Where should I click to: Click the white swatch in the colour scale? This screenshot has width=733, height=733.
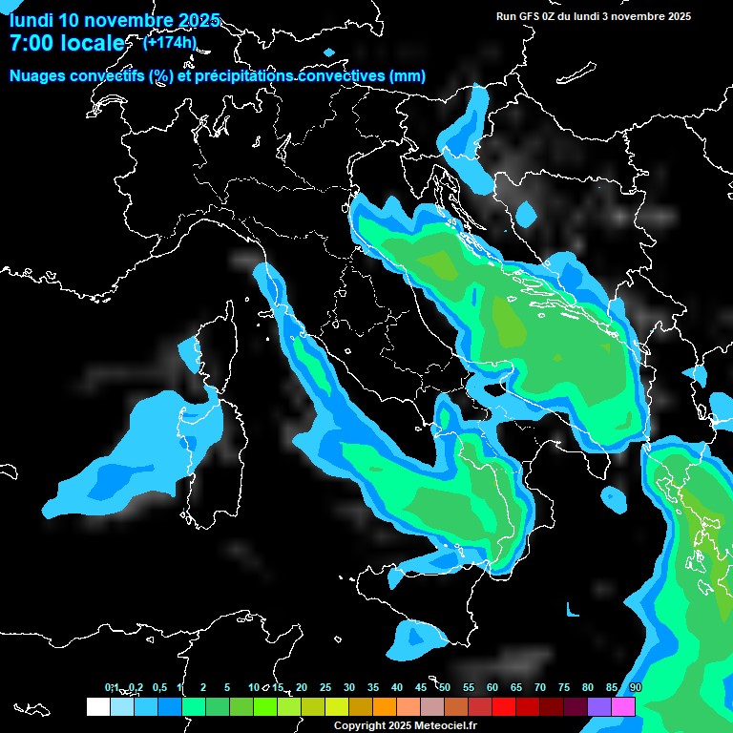click(x=97, y=706)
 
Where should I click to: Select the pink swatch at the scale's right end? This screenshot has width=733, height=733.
click(x=623, y=706)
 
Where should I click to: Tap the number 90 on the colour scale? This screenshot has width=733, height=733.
click(x=636, y=687)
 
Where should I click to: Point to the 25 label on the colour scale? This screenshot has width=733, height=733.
click(x=325, y=687)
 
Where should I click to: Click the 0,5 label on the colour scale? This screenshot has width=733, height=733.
click(x=158, y=687)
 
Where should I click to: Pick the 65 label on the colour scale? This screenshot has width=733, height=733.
click(x=516, y=687)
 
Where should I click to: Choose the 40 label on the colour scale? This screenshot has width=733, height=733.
click(x=397, y=687)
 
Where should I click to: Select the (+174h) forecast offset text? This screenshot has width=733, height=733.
click(x=170, y=42)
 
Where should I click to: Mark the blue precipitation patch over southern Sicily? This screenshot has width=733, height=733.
click(x=413, y=639)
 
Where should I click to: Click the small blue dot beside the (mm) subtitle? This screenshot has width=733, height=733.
click(x=329, y=52)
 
